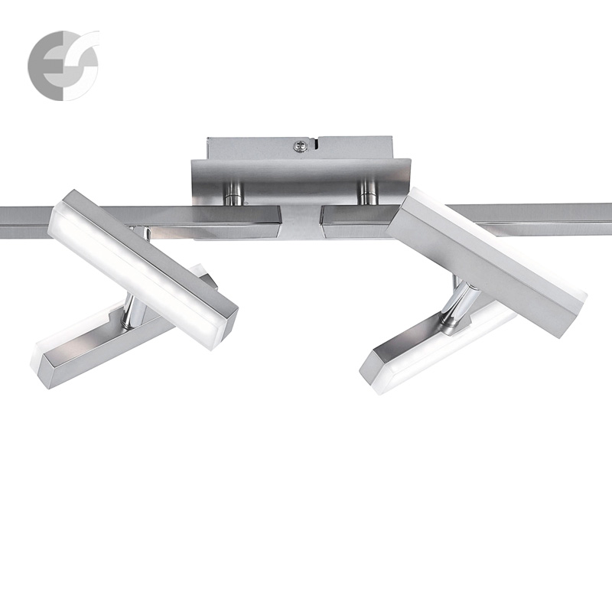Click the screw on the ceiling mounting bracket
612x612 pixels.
299,146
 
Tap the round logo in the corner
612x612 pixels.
63,65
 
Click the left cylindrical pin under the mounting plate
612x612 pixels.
233,194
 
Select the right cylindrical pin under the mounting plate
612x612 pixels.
367,194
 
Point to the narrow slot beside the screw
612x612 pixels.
315,143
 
